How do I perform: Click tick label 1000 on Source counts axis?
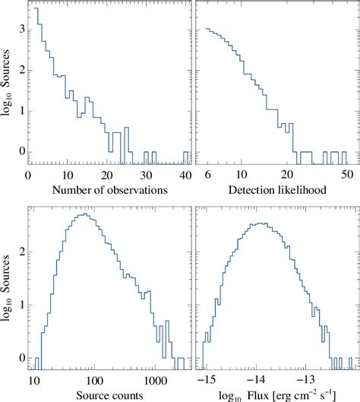[x=155, y=377]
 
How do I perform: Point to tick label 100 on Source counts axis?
[x=94, y=377]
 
